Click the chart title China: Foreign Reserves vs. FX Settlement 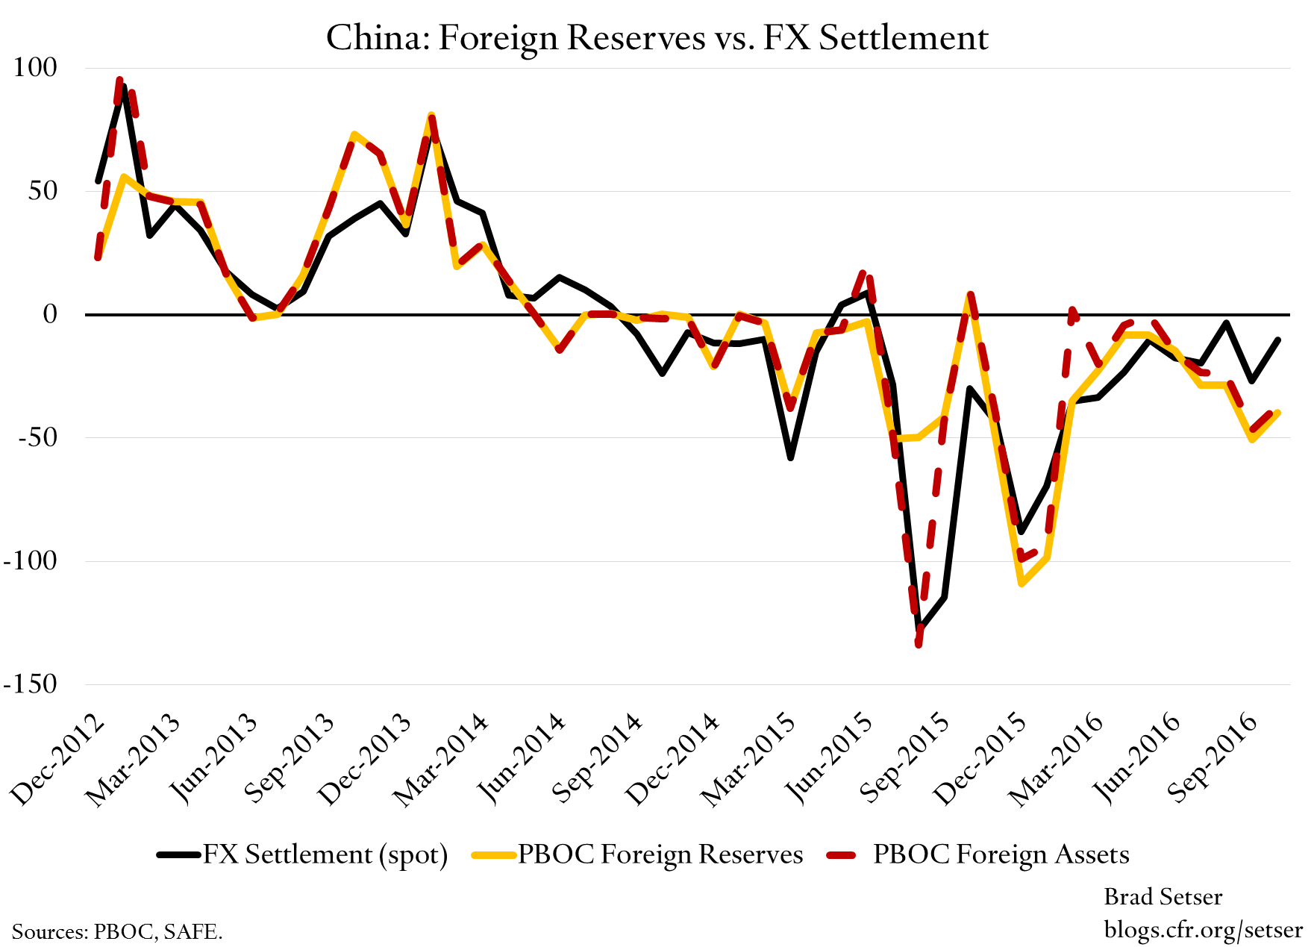point(657,37)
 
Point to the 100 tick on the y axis point(35,67)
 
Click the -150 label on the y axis point(30,684)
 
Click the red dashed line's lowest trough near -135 point(919,643)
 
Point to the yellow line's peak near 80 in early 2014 point(431,116)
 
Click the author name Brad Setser point(1163,896)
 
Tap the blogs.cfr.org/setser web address point(1203,929)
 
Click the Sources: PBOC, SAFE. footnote point(117,931)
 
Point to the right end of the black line point(1278,340)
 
